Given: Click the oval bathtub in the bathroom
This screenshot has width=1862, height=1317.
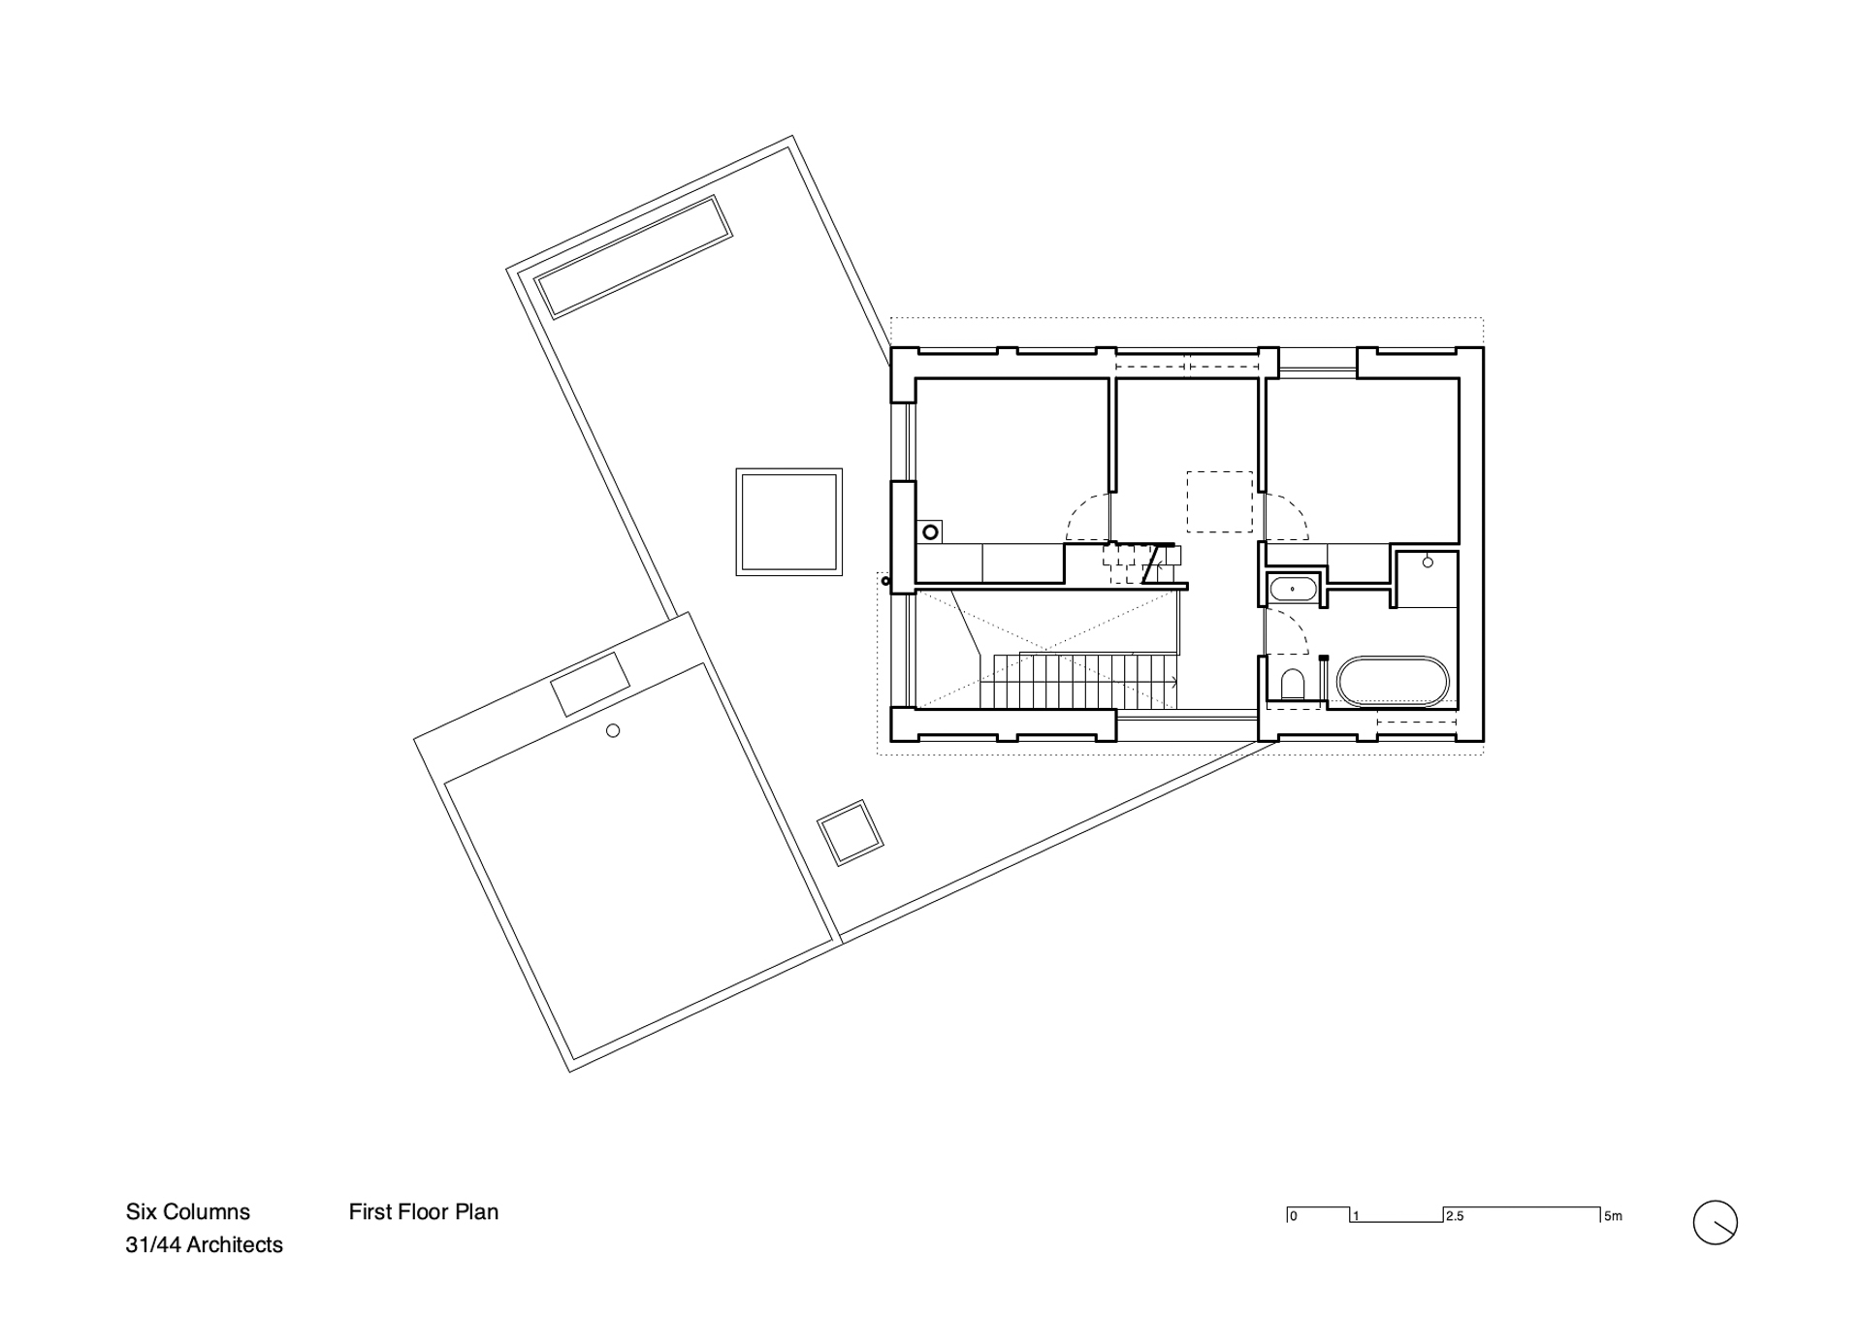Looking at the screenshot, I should (x=1393, y=682).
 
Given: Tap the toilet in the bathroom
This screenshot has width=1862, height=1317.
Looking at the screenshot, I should (x=1292, y=685).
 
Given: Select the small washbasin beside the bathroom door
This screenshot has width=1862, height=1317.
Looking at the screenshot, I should (x=1292, y=589).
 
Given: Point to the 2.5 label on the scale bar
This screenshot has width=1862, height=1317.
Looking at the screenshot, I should (x=1455, y=1216).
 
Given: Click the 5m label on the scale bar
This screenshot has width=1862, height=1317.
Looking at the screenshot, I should (x=1613, y=1216).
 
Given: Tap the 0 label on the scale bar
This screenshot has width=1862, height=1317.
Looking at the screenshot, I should (x=1294, y=1216).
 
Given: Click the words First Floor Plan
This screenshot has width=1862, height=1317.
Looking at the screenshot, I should (x=424, y=1211).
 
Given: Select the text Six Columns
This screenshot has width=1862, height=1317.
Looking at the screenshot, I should (x=188, y=1211).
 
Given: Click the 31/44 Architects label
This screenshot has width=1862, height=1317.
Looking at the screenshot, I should (x=204, y=1244).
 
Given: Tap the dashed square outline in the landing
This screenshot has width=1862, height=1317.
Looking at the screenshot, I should (x=1220, y=501).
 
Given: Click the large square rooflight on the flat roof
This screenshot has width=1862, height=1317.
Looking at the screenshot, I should (x=788, y=522).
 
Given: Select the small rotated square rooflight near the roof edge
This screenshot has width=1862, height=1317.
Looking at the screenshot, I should (x=850, y=832).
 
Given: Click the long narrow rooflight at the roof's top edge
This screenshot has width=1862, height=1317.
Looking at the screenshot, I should (x=633, y=256).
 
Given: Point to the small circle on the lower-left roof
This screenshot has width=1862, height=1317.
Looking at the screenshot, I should (x=613, y=730).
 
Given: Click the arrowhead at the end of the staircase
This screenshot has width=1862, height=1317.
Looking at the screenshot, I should (x=1174, y=682).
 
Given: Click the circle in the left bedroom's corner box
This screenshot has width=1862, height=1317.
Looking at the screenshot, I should (x=930, y=531).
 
